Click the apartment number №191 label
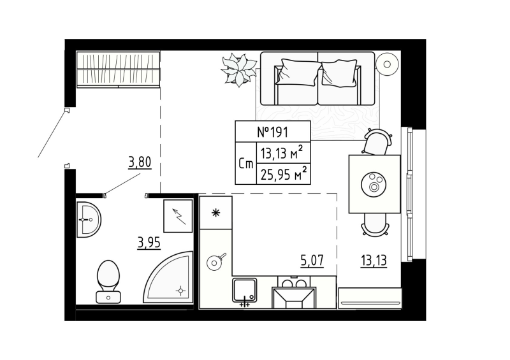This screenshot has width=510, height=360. point(273,133)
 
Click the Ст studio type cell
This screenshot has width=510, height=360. point(245,164)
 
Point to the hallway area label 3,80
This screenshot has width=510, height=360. point(140,162)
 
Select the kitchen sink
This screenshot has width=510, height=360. point(244,292)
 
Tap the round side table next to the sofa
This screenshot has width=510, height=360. point(387,63)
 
